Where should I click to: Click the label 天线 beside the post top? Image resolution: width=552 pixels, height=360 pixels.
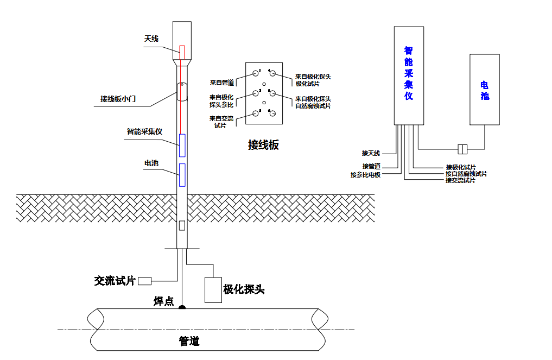pos(151,39)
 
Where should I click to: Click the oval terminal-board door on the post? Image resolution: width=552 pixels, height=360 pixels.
pos(182,91)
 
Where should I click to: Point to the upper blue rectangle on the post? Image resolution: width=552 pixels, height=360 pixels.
pos(182,146)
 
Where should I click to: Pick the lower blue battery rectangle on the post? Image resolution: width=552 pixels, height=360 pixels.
pos(182,174)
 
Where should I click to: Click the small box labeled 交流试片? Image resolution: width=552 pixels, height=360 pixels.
pos(144,281)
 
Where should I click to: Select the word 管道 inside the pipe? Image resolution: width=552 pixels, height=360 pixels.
pos(189,341)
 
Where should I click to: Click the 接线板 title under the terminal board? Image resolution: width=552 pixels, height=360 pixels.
pos(263,145)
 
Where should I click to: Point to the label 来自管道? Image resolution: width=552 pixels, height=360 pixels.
pos(223,83)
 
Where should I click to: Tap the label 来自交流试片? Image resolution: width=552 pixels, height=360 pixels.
pos(221,122)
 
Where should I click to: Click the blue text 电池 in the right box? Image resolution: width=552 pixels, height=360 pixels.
pos(485,90)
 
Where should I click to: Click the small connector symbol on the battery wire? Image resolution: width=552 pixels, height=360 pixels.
pos(463,148)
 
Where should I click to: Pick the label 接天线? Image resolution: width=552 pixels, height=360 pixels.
pos(371,153)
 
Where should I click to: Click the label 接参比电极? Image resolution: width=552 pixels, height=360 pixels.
pos(365,175)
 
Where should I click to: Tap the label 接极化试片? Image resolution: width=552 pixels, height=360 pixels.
pos(461,167)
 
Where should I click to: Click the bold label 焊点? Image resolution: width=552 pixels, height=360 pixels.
pos(163,301)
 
